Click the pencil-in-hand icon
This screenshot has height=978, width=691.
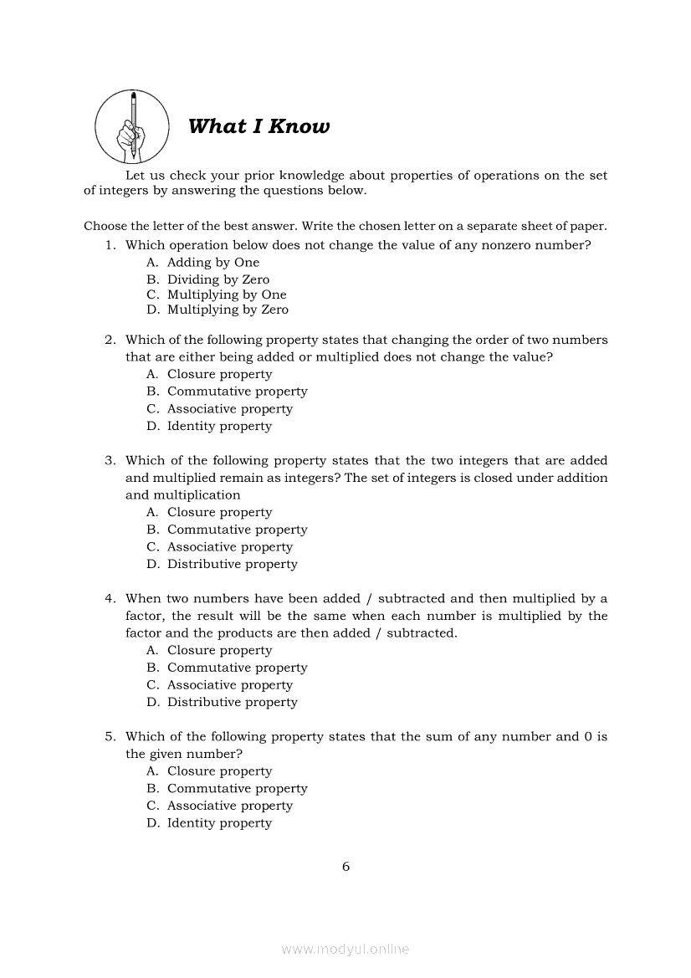point(132,126)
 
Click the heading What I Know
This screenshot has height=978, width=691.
point(258,126)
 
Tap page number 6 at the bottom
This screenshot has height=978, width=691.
point(345,866)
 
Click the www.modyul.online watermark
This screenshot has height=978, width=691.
point(345,949)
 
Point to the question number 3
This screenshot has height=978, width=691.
point(110,460)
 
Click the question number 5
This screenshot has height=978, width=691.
point(110,736)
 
